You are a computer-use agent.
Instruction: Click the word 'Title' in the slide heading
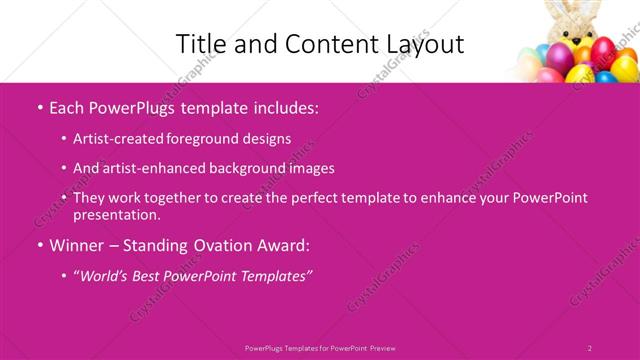tap(199, 44)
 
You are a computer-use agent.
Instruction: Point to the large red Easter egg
tap(603, 50)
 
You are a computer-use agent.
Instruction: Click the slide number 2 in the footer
tap(589, 348)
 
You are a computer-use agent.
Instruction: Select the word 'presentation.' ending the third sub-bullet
tap(117, 214)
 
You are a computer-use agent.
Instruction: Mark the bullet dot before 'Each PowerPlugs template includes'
tap(39, 106)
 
